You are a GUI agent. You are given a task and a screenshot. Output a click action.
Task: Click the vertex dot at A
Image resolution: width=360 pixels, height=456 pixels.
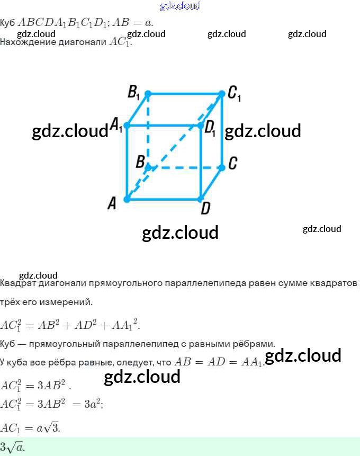127,199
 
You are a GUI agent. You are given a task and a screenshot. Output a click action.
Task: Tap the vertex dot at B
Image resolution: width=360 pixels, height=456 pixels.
148,167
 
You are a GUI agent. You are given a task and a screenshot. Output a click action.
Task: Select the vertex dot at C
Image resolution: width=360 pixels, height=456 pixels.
222,166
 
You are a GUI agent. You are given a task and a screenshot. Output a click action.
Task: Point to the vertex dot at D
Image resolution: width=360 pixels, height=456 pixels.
201,199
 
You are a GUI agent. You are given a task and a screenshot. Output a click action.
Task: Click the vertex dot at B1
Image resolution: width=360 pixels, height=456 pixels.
148,94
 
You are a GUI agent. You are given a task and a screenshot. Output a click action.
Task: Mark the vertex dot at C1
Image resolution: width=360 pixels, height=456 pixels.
222,94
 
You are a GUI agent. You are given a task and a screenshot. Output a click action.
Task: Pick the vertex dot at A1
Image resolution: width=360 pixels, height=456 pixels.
127,126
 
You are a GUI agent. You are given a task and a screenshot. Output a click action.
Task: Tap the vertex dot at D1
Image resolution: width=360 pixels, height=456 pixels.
201,126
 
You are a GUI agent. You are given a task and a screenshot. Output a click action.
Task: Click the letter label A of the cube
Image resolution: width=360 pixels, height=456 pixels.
112,203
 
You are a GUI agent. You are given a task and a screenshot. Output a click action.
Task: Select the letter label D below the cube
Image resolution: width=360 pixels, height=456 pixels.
205,209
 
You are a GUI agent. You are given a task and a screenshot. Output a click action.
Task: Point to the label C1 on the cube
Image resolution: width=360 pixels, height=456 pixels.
234,94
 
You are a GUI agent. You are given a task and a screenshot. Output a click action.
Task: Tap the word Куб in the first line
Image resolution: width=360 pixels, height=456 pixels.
7,23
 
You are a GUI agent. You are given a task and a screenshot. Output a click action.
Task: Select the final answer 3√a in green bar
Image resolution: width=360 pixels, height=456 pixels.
12,447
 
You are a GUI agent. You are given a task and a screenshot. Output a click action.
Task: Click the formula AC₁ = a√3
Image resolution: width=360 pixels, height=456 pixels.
30,427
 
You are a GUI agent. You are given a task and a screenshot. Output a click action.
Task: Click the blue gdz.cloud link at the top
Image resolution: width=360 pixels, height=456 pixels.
180,6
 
